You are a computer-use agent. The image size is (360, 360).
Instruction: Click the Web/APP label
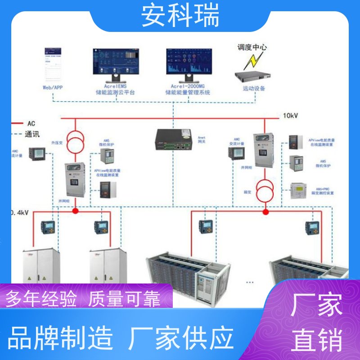pyautogui.click(x=53, y=88)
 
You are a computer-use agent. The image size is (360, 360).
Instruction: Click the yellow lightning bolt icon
pyautogui.click(x=257, y=59)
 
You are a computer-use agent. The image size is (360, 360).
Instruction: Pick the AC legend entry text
pyautogui.click(x=31, y=123)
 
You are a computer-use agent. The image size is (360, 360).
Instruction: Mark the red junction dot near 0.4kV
pyautogui.click(x=76, y=211)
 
